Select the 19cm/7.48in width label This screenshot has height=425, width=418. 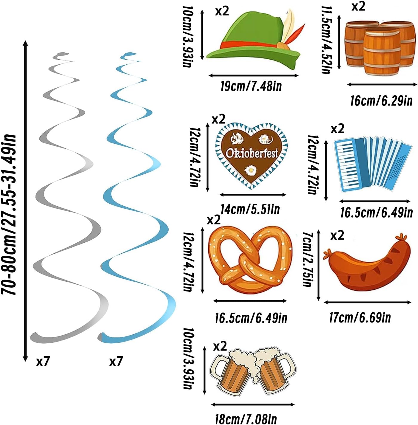click(x=251, y=86)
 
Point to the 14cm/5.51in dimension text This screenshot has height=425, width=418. click(x=250, y=209)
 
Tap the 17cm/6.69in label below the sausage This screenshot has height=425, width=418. click(x=360, y=318)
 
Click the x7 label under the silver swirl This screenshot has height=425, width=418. click(x=43, y=362)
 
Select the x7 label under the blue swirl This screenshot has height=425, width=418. click(x=116, y=362)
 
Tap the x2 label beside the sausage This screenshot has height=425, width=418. click(x=337, y=235)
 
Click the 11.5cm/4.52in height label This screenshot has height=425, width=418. click(x=326, y=40)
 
